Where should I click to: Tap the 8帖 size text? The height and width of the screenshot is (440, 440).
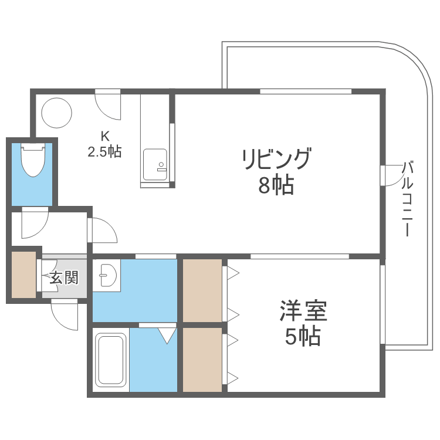click(275, 186)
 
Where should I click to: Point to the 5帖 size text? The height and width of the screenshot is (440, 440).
click(302, 337)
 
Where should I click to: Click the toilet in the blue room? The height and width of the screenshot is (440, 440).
click(33, 160)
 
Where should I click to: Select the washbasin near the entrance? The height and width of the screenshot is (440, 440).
click(106, 275)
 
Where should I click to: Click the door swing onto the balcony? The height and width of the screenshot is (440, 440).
click(391, 175)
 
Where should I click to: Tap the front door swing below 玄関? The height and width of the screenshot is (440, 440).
click(64, 314)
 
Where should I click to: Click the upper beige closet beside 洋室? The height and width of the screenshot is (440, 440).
click(202, 290)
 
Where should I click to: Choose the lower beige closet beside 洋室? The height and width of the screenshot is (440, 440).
click(202, 359)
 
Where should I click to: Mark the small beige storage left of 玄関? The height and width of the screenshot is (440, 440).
click(23, 274)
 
